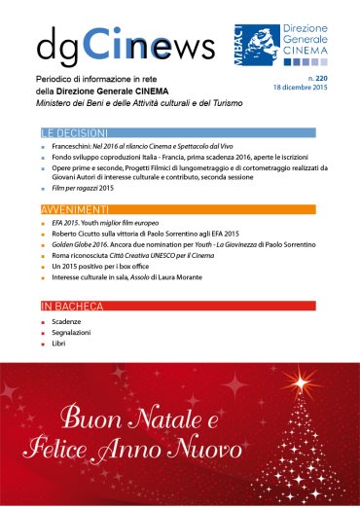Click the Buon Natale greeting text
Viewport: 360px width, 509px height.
click(151, 434)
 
